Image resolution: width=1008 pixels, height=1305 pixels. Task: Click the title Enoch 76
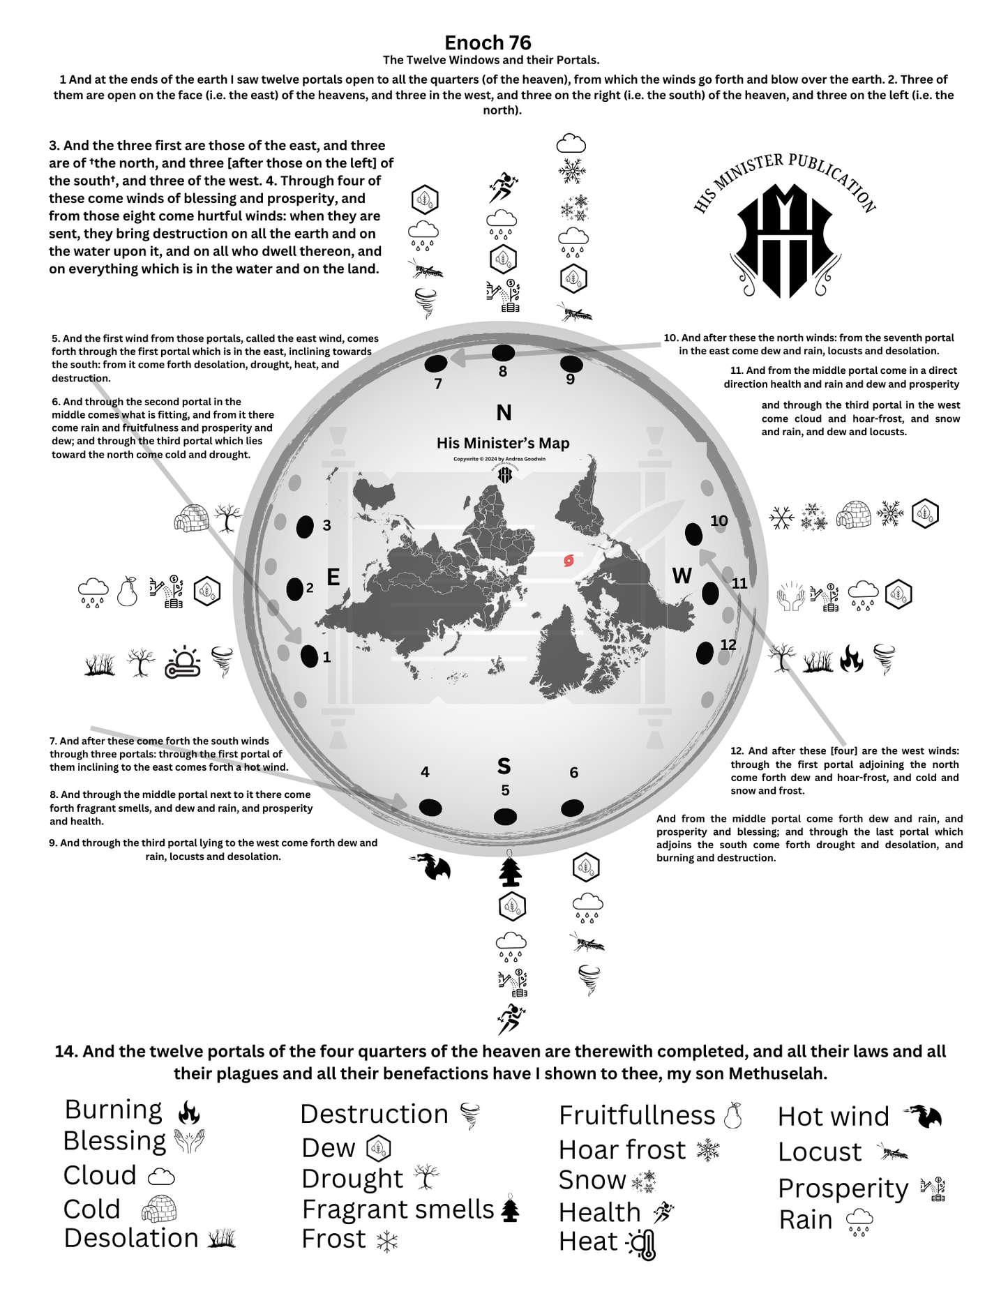click(488, 43)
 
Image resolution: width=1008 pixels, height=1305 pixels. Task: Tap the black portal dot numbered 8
click(504, 352)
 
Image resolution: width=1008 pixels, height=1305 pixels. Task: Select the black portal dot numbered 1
click(309, 656)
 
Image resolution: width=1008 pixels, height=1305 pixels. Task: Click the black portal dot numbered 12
click(705, 654)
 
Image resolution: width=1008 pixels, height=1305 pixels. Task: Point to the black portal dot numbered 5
click(505, 816)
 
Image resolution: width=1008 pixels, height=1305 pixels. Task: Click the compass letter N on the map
click(504, 413)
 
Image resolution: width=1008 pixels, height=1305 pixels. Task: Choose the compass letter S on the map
click(504, 766)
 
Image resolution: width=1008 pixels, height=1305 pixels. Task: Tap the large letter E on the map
click(333, 577)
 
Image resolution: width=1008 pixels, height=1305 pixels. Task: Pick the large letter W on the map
click(682, 575)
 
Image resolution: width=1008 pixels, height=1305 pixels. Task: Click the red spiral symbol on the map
click(569, 560)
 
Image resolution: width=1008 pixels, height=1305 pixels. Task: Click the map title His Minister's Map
click(503, 443)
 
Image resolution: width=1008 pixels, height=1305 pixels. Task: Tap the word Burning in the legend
click(113, 1109)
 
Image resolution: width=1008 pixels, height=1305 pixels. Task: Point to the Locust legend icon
click(893, 1152)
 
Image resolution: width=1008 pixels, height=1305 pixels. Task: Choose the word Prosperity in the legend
click(843, 1188)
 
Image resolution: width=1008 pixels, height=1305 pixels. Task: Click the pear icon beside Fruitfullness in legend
click(732, 1115)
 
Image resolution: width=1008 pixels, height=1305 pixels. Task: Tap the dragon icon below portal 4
click(432, 866)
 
